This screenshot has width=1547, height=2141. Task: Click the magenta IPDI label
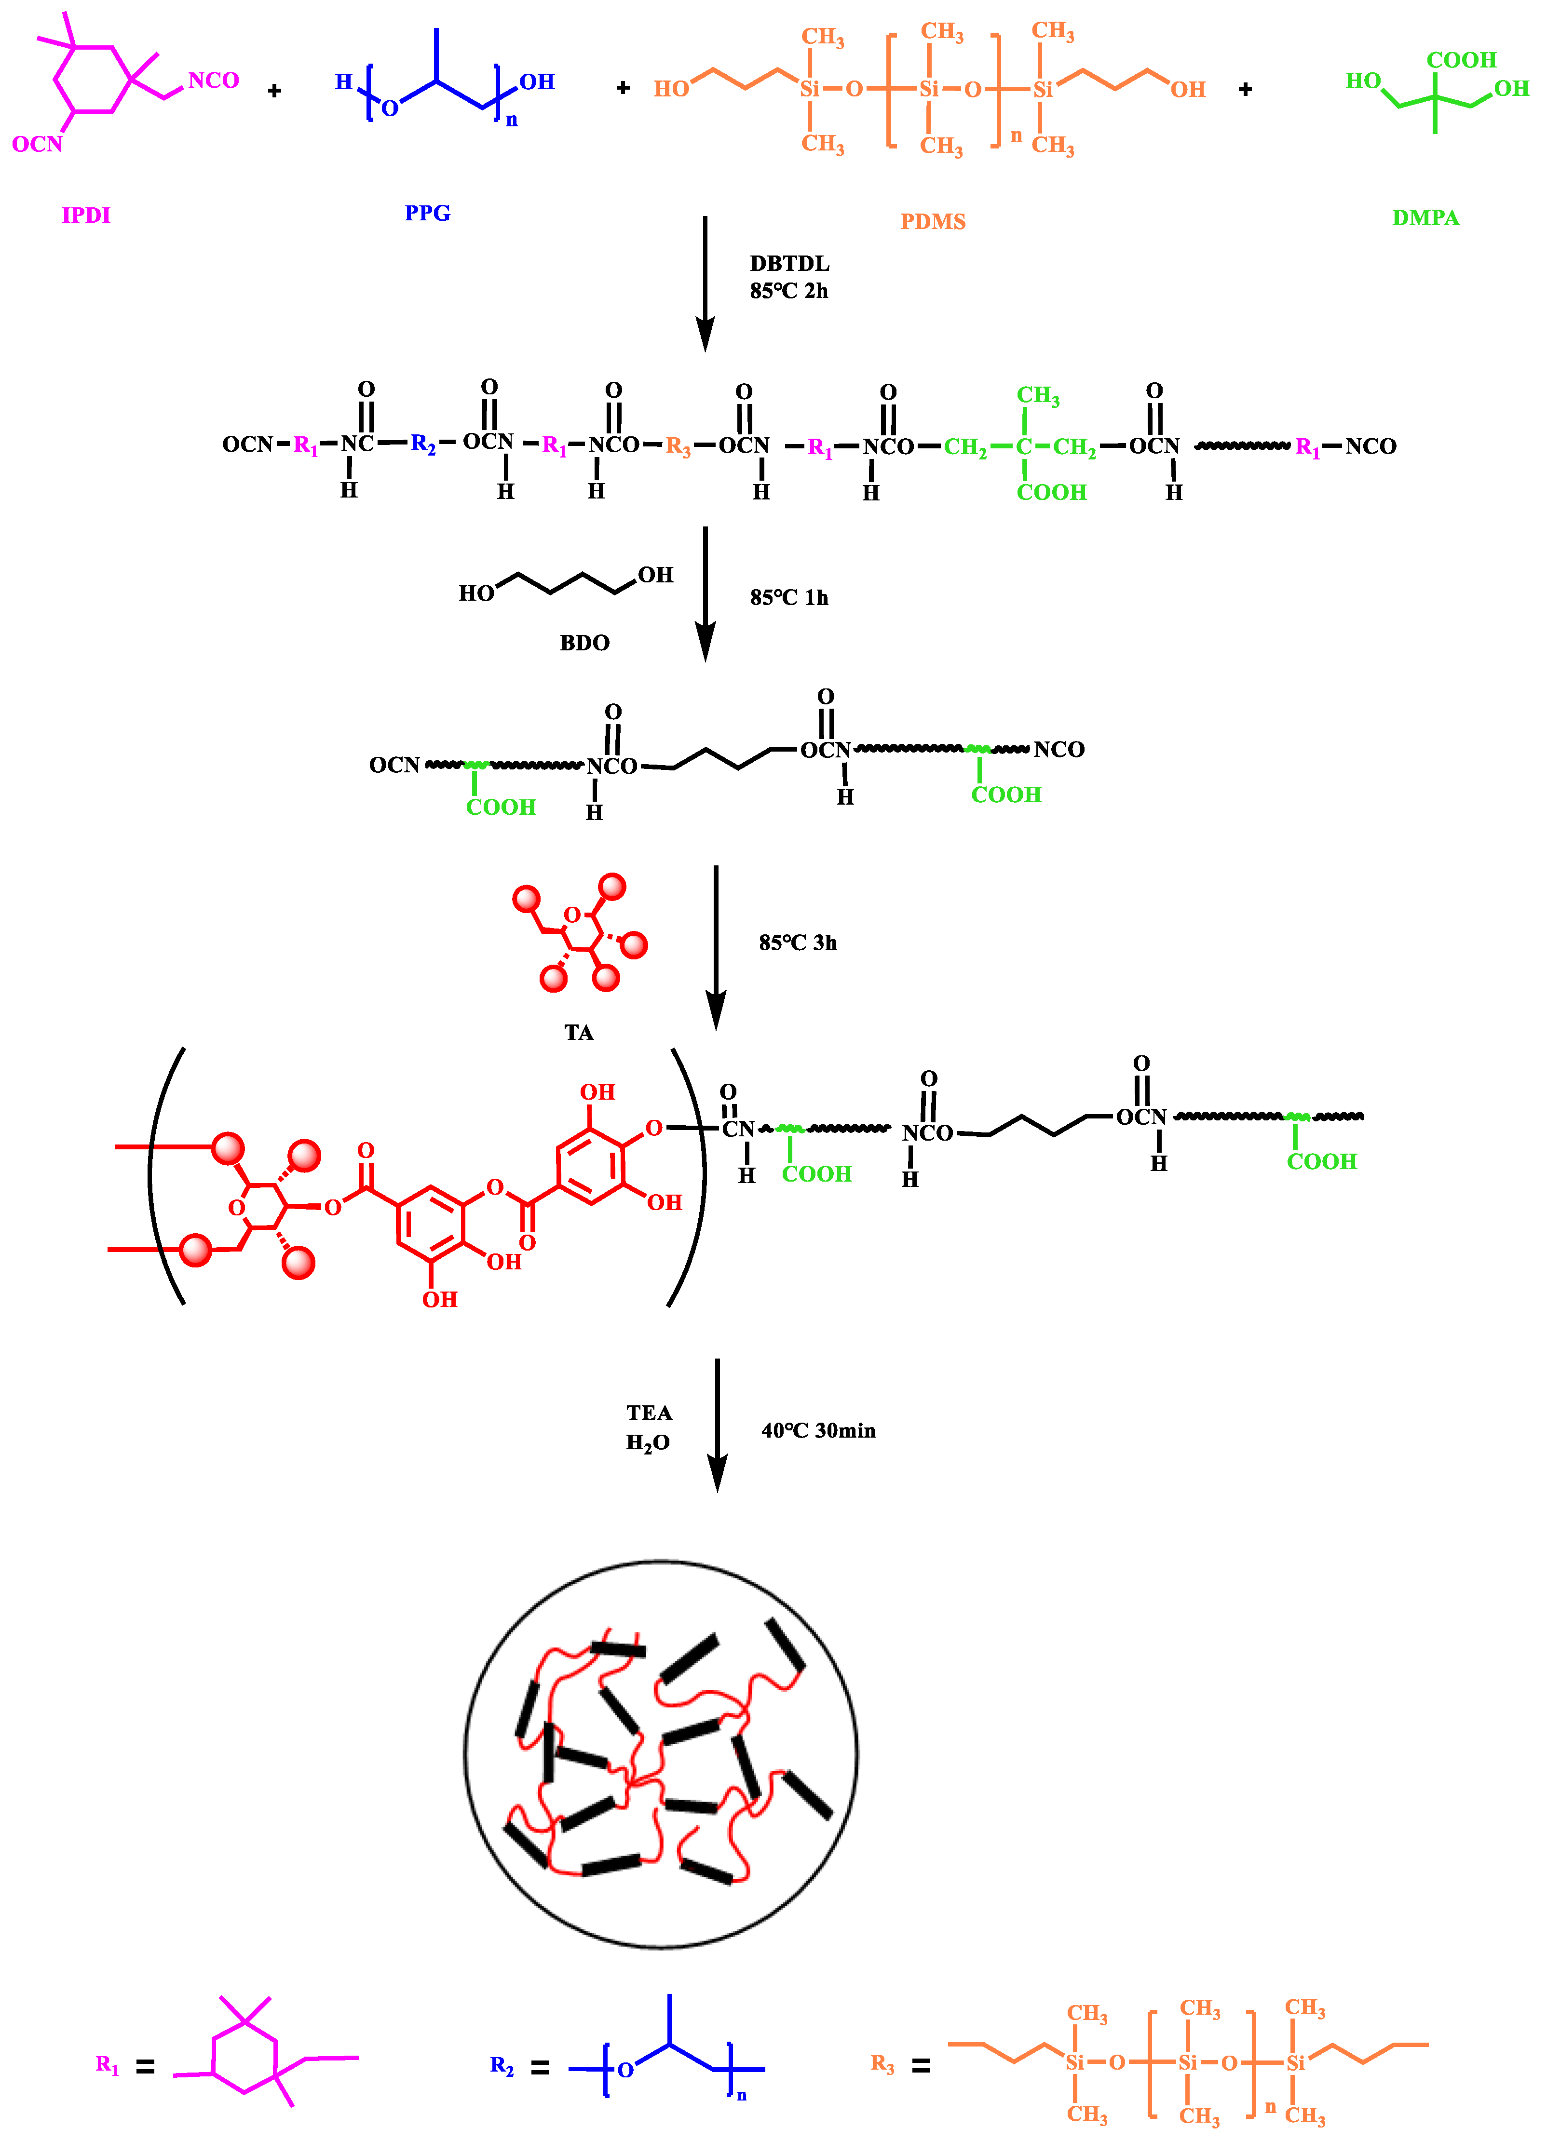point(86,215)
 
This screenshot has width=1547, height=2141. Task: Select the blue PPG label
point(428,214)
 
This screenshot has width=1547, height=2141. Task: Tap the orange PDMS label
point(932,222)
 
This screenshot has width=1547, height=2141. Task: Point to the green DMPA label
point(1425,218)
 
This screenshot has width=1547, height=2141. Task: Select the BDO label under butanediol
point(584,643)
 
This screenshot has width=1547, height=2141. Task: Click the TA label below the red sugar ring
point(579,1032)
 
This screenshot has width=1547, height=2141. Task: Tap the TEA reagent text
point(649,1413)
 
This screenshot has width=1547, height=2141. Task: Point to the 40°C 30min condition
point(818,1431)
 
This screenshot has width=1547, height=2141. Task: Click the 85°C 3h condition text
point(798,943)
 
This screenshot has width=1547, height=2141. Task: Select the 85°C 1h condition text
point(788,597)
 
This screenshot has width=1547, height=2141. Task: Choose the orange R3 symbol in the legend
point(882,2064)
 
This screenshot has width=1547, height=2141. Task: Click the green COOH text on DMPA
point(1461,60)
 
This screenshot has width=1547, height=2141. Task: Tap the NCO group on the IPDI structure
point(214,80)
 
